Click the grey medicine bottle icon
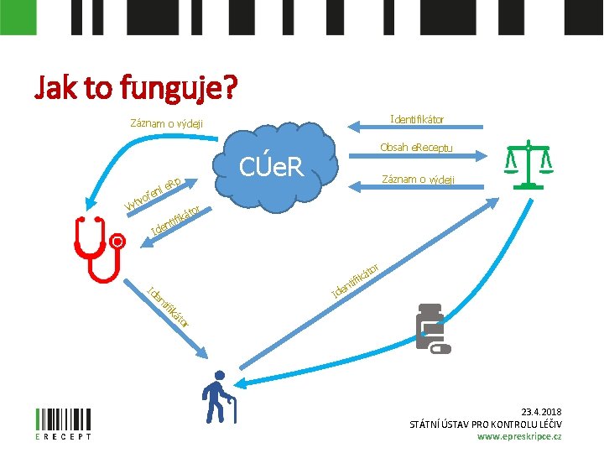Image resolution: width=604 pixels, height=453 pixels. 431,328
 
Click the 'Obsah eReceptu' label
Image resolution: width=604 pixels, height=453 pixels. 415,148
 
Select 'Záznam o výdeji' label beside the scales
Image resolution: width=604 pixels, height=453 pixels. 418,179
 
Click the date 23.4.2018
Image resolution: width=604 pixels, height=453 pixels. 541,411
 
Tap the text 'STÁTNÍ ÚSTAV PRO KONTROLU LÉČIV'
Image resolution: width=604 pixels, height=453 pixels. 485,424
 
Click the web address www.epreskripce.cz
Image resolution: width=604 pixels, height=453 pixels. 519,436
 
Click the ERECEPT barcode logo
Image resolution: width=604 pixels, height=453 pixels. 64,423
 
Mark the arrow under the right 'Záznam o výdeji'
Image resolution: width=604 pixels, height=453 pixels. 417,190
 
